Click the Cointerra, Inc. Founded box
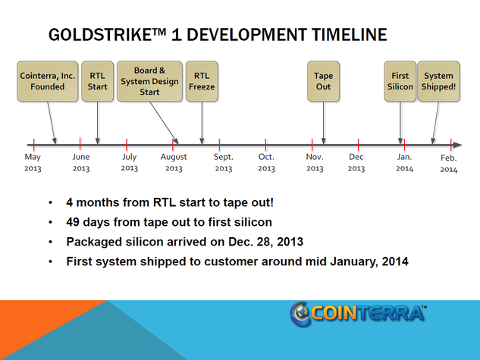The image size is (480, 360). (x=48, y=81)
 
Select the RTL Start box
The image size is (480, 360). (x=97, y=81)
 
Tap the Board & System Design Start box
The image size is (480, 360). (x=149, y=81)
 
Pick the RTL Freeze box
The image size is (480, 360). (x=202, y=81)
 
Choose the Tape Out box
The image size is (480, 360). (x=323, y=81)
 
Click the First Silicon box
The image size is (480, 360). (x=400, y=81)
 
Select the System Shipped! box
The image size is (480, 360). (x=439, y=81)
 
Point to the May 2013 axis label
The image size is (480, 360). (x=33, y=162)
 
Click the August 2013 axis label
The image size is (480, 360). (x=174, y=162)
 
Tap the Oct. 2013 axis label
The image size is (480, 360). (x=266, y=162)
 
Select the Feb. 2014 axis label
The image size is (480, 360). (x=449, y=164)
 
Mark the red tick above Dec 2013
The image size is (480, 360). (x=358, y=145)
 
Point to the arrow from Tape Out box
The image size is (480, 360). (x=324, y=123)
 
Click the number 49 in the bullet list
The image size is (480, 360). (x=73, y=222)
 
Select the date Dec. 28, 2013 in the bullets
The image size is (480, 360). (x=265, y=242)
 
